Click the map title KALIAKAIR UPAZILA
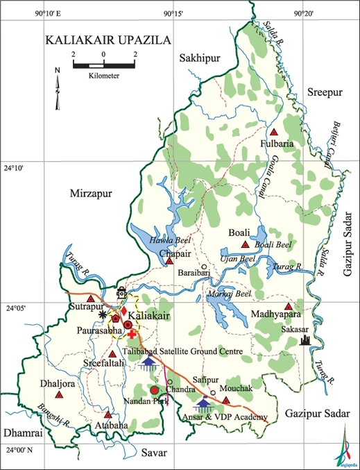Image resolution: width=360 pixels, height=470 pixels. coord(108,41)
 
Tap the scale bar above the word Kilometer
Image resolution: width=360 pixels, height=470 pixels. coord(103,66)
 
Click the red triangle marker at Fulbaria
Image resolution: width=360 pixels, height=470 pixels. coord(274,132)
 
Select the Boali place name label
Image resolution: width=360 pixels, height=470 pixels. coord(240,233)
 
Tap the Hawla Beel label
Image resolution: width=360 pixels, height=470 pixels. coord(166,240)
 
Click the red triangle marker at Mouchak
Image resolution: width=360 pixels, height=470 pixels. coord(225,399)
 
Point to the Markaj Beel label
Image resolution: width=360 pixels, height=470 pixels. coord(228,294)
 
